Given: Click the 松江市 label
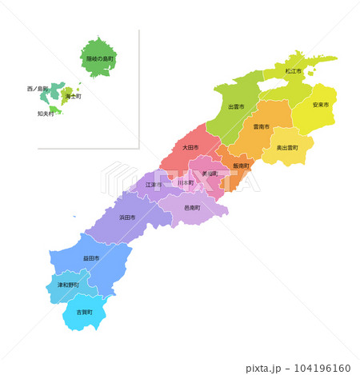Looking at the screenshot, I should (294, 71).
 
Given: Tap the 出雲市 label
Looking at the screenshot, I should (236, 106).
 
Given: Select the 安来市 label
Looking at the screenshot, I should (320, 105).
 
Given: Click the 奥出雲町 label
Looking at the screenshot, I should (287, 148).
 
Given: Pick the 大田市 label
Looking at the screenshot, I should (190, 148).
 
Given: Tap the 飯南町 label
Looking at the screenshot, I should (242, 166).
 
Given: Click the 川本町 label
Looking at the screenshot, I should (185, 182).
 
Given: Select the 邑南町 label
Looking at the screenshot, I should (193, 208).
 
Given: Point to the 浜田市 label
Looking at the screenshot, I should (127, 217).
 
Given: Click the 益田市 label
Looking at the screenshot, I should (91, 258).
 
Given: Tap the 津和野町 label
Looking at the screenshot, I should (67, 285).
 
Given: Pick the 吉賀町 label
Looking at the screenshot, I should (84, 312).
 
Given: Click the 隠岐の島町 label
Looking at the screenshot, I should (100, 59).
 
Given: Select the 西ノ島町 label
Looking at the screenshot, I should (37, 88).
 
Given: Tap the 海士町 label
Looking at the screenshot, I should (73, 96).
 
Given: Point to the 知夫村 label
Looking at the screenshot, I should (46, 114).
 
